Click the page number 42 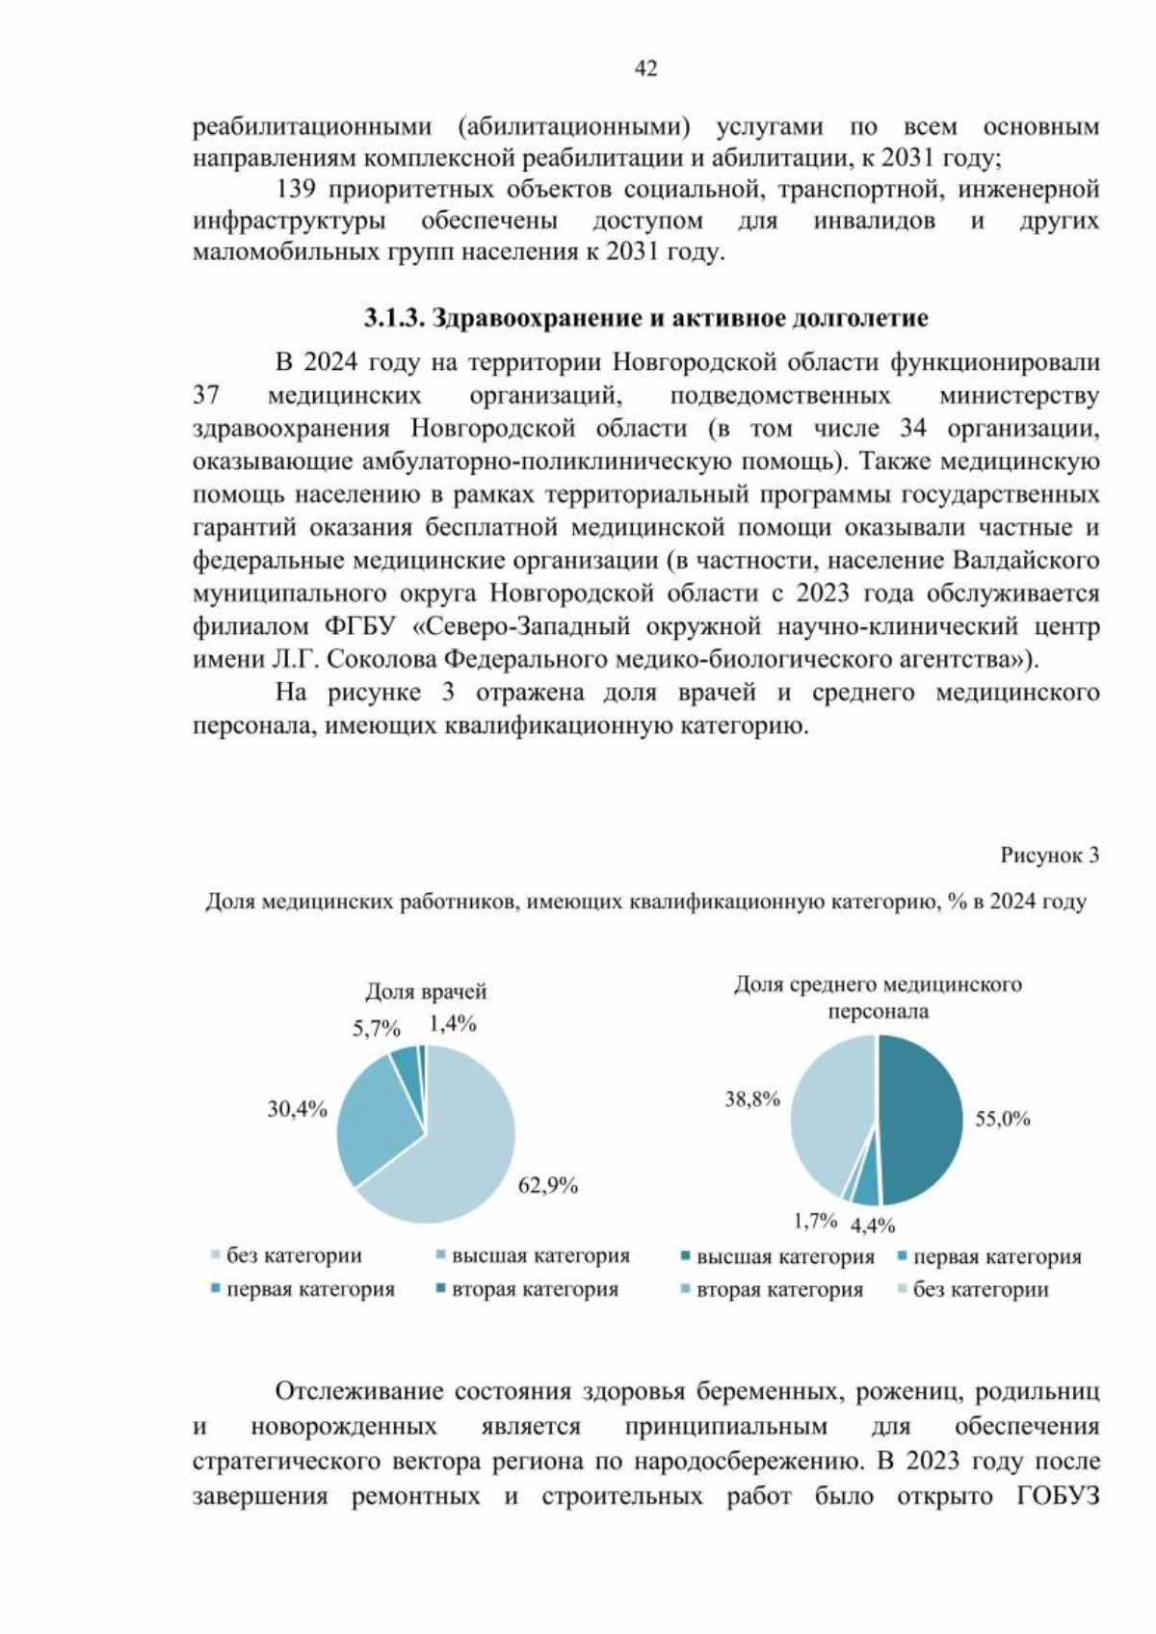click(x=645, y=68)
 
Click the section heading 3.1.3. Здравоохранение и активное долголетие click(x=645, y=318)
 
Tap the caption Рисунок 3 click(x=1048, y=856)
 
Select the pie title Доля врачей click(x=426, y=991)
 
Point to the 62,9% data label click(x=547, y=1186)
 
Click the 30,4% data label click(x=297, y=1109)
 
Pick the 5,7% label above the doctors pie click(x=376, y=1028)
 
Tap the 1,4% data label click(x=453, y=1024)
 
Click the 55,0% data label click(x=1002, y=1119)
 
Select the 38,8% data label click(x=752, y=1099)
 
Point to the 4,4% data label click(x=873, y=1225)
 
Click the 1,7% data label click(x=815, y=1221)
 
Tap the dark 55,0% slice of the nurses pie click(x=920, y=1118)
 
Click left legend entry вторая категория click(x=535, y=1289)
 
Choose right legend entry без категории click(x=980, y=1289)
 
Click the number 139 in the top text click(x=296, y=189)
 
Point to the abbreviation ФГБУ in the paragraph click(x=359, y=626)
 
